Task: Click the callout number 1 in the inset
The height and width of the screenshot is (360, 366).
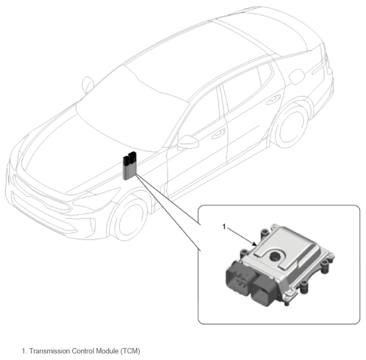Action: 224,226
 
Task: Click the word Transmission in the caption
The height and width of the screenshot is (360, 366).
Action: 49,351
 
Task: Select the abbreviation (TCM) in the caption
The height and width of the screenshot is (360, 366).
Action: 130,351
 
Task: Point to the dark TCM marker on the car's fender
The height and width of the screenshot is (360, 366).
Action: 129,165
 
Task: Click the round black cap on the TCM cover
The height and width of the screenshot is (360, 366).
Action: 275,256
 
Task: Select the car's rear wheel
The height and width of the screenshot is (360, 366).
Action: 290,127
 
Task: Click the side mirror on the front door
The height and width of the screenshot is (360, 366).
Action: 188,142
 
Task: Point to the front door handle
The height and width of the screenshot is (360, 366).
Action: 218,134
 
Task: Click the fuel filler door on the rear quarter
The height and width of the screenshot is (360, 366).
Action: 297,76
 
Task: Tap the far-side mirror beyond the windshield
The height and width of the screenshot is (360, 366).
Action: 88,84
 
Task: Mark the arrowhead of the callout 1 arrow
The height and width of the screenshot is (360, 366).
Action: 256,244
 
